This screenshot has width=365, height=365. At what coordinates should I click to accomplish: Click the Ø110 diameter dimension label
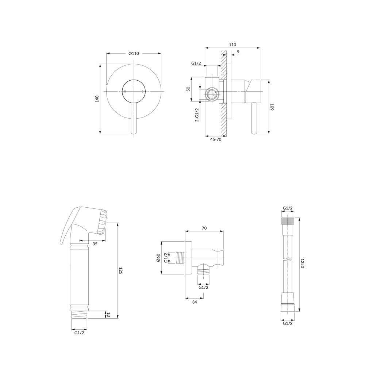[x=134, y=54]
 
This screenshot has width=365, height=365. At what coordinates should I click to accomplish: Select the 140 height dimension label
[x=97, y=99]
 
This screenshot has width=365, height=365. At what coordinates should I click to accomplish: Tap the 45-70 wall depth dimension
[x=216, y=139]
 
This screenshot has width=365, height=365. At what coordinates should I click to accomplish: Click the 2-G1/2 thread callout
[x=197, y=115]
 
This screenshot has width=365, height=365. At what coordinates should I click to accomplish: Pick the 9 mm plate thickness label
[x=238, y=52]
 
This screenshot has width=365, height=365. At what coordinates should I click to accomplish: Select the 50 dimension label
[x=188, y=89]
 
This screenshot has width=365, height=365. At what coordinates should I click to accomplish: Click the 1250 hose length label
[x=302, y=263]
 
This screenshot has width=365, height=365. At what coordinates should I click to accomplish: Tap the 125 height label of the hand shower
[x=120, y=271]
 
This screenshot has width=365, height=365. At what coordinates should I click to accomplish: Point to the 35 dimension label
[x=95, y=244]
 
